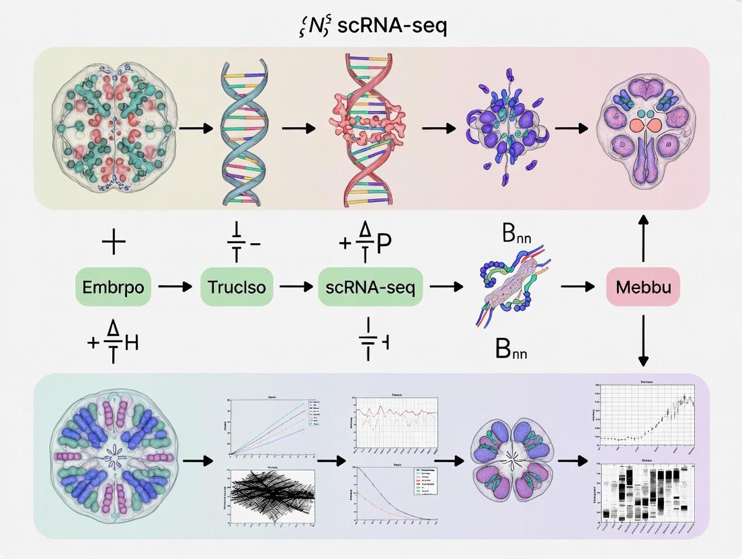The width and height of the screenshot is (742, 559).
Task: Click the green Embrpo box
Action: click(x=113, y=287)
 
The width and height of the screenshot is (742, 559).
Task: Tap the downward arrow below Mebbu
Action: click(x=643, y=343)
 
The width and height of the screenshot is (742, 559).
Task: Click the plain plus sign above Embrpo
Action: click(x=113, y=243)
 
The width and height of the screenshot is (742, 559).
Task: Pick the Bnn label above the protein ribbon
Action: click(x=512, y=239)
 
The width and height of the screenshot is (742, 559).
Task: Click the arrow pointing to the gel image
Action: click(x=571, y=462)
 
